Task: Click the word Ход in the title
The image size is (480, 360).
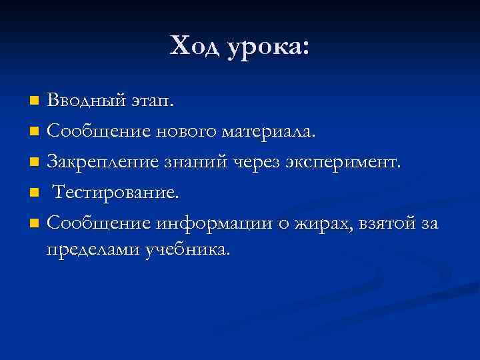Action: pyautogui.click(x=195, y=47)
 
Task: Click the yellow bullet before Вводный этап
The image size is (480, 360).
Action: pyautogui.click(x=35, y=101)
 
